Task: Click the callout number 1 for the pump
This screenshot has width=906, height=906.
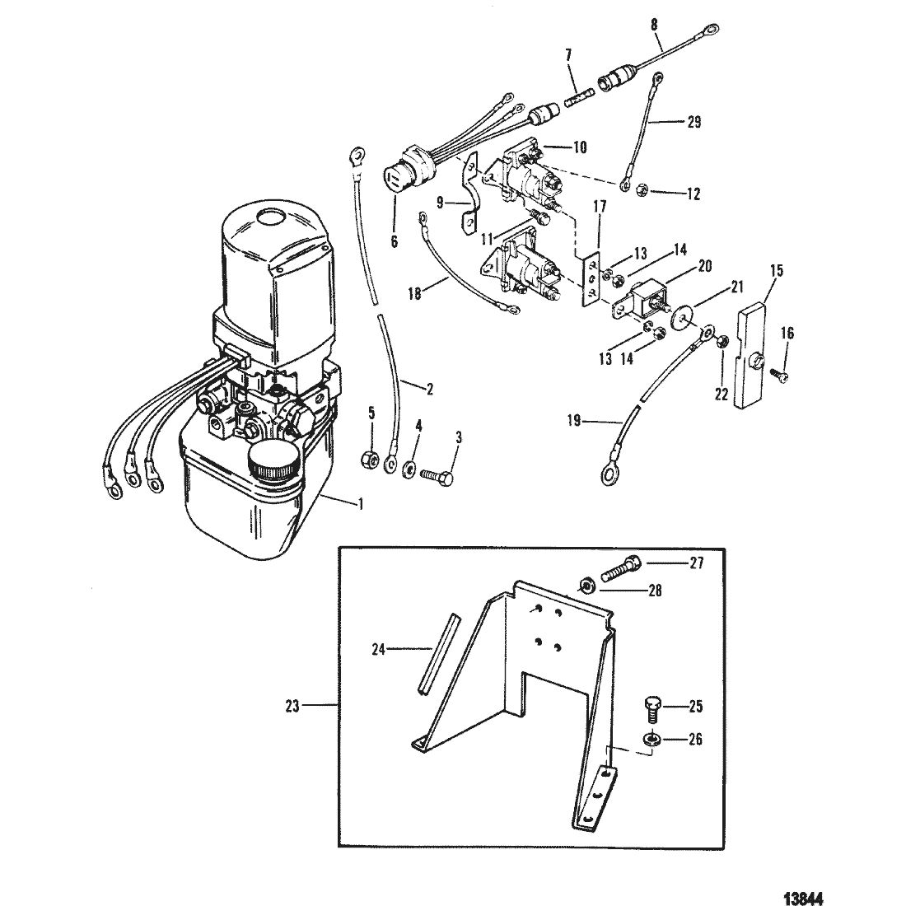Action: point(361,504)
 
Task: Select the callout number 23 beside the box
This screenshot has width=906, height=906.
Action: point(292,706)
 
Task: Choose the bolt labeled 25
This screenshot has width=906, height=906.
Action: point(651,708)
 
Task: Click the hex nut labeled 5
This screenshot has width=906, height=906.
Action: point(369,460)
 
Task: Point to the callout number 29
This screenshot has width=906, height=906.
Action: point(694,122)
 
